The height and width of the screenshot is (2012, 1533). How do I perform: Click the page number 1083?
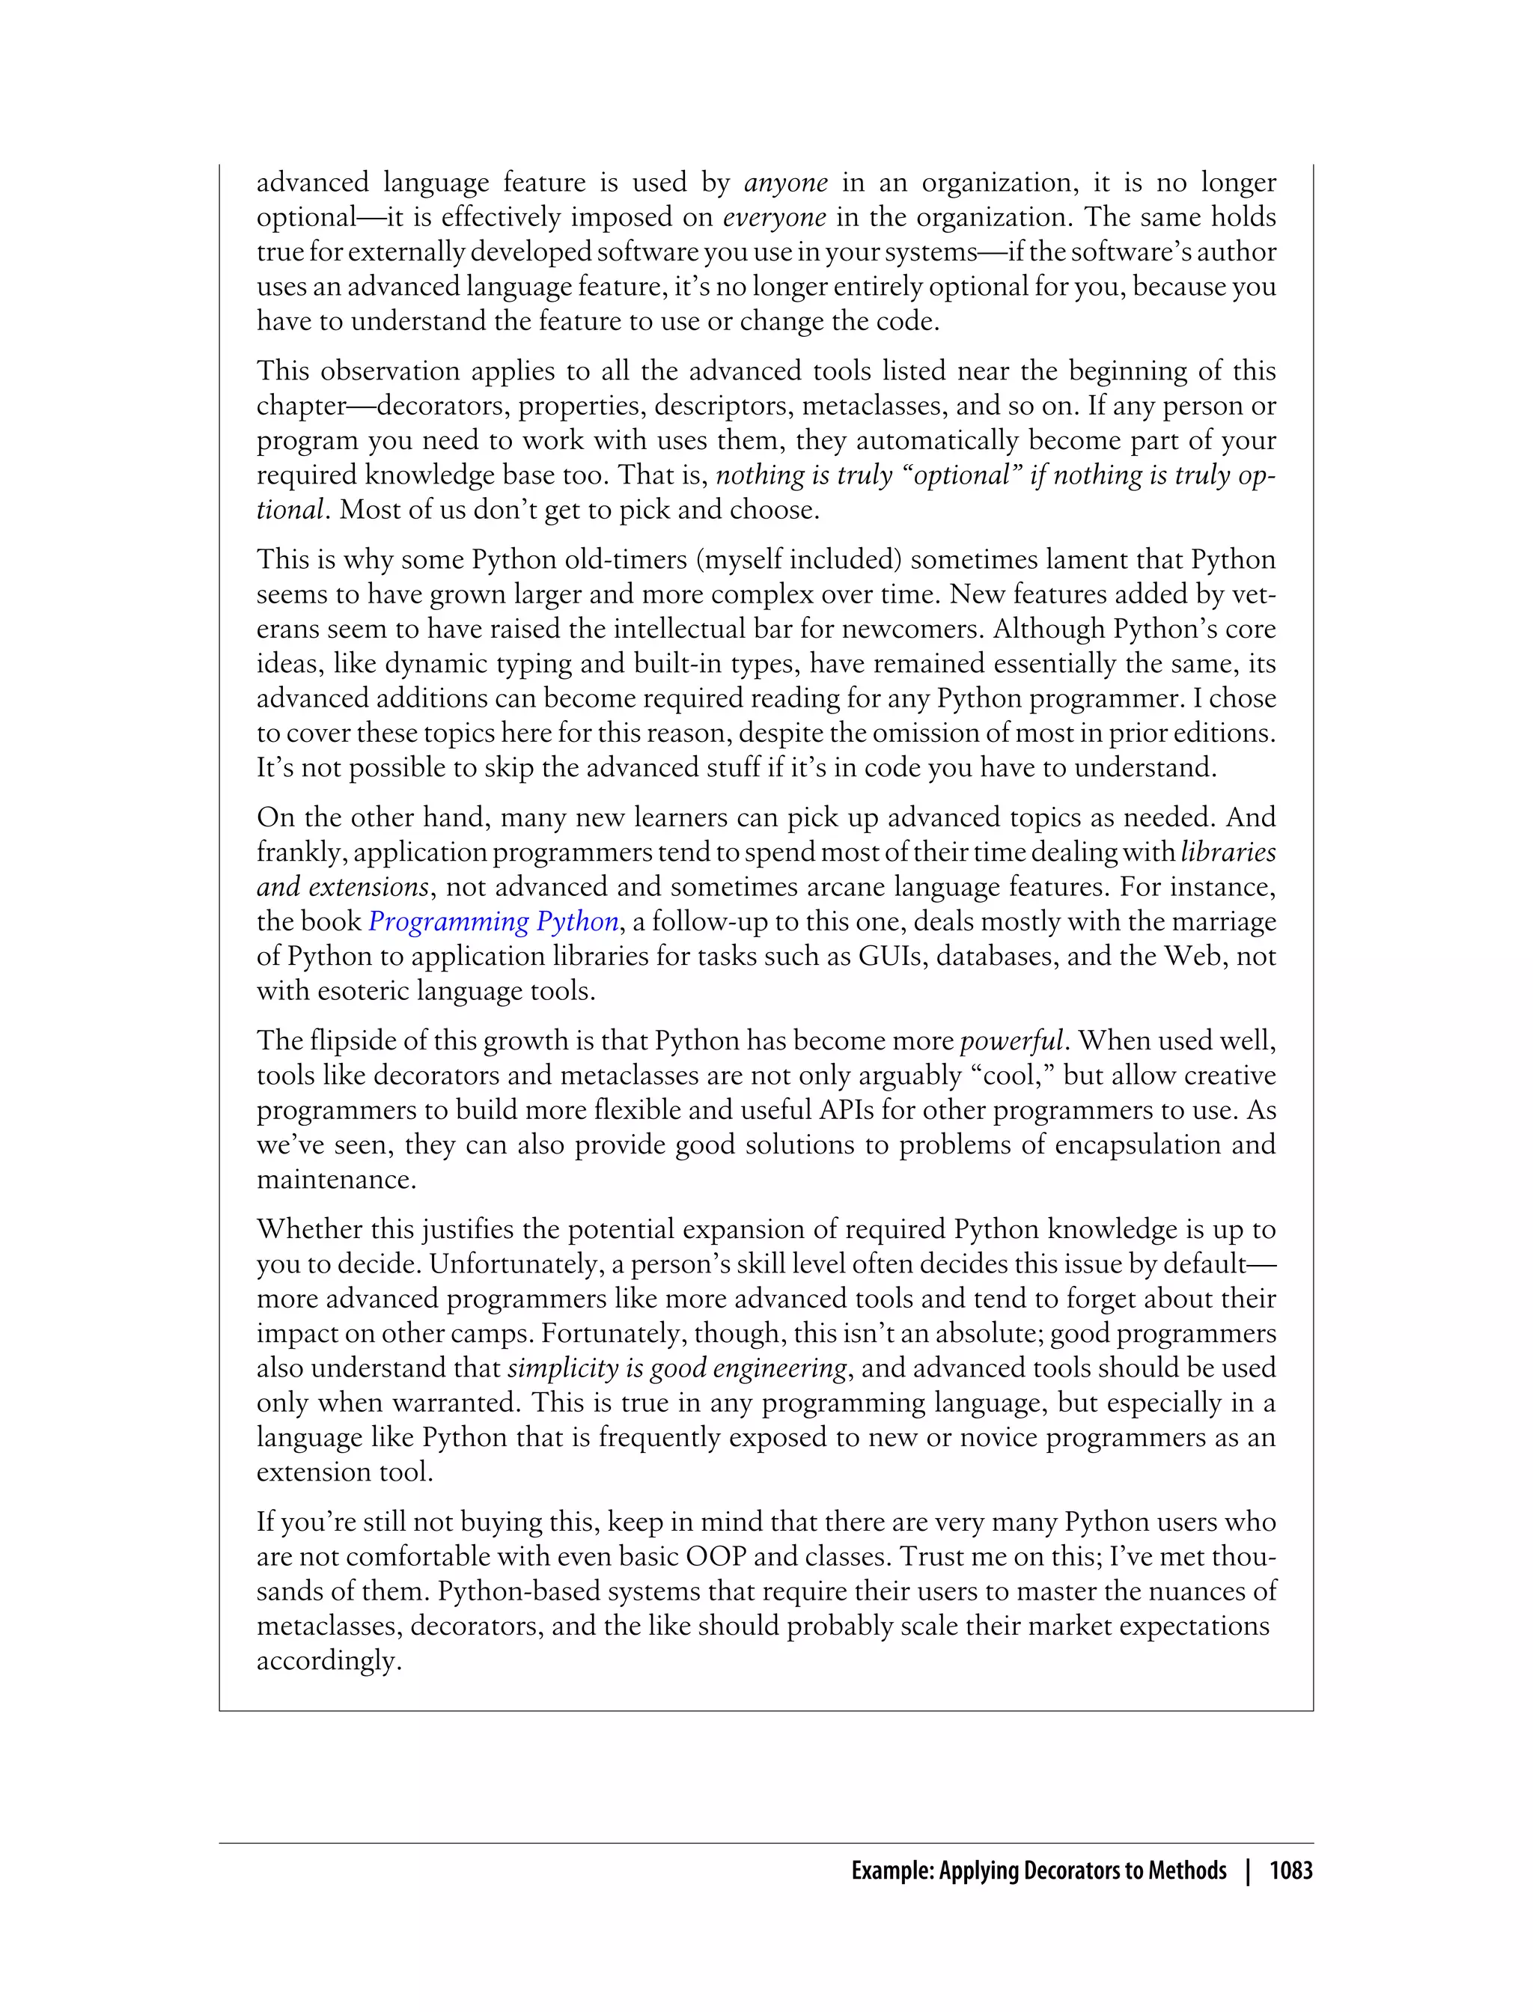tap(1290, 1871)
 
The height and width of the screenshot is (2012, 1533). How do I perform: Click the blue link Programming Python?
tap(494, 921)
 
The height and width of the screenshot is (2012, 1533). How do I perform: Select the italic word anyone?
tap(786, 183)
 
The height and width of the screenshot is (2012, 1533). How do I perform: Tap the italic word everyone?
tap(774, 217)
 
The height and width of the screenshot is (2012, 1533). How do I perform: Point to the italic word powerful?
tap(1011, 1041)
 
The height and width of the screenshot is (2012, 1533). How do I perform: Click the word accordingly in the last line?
tap(329, 1662)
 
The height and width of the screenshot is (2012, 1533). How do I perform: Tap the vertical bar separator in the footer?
tap(1247, 1871)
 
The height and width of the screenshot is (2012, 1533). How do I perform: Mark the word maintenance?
tap(336, 1180)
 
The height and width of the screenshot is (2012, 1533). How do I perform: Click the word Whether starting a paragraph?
tap(309, 1230)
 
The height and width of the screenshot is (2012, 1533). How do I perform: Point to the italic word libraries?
tap(1228, 853)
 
